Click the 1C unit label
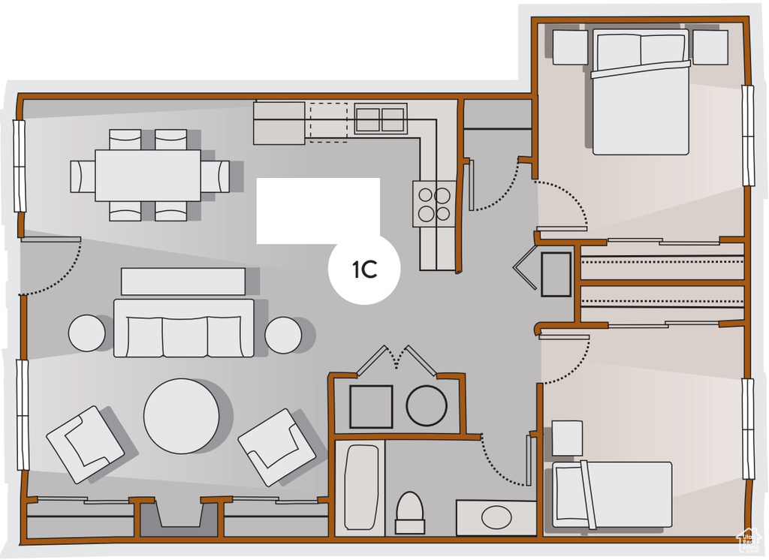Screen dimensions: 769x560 pyautogui.click(x=365, y=269)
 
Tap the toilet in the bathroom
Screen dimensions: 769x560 pyautogui.click(x=409, y=513)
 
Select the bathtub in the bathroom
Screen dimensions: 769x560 pyautogui.click(x=361, y=487)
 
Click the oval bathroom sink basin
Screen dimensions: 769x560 pyautogui.click(x=496, y=517)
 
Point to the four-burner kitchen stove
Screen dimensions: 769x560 pyautogui.click(x=435, y=203)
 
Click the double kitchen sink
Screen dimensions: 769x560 pyautogui.click(x=381, y=118)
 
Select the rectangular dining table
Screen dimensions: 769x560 pyautogui.click(x=148, y=175)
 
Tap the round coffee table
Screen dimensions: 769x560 pyautogui.click(x=182, y=416)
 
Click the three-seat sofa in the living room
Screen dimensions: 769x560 pyautogui.click(x=184, y=328)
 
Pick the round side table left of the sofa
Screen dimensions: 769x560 pyautogui.click(x=87, y=333)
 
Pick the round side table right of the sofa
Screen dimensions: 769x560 pyautogui.click(x=283, y=335)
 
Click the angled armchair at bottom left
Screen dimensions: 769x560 pyautogui.click(x=86, y=444)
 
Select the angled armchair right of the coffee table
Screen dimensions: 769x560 pyautogui.click(x=276, y=447)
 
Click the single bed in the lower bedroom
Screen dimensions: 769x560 pyautogui.click(x=612, y=494)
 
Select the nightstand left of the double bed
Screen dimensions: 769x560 pyautogui.click(x=571, y=47)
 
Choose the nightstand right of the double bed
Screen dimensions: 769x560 pyautogui.click(x=710, y=47)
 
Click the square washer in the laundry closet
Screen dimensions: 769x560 pyautogui.click(x=371, y=407)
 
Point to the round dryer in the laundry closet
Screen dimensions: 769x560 pyautogui.click(x=427, y=405)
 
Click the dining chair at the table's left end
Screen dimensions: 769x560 pyautogui.click(x=83, y=176)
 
